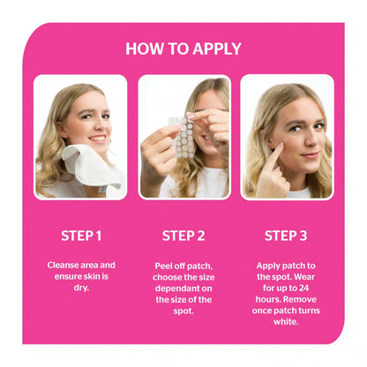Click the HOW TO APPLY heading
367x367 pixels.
[x=183, y=49]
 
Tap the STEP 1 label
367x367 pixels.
[x=81, y=236]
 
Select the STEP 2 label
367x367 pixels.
[x=183, y=236]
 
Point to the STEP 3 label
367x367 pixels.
[x=287, y=236]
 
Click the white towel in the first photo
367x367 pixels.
[x=85, y=168]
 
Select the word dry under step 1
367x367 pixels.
[x=81, y=288]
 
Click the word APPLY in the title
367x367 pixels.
[x=211, y=49]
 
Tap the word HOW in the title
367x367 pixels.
[x=142, y=49]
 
